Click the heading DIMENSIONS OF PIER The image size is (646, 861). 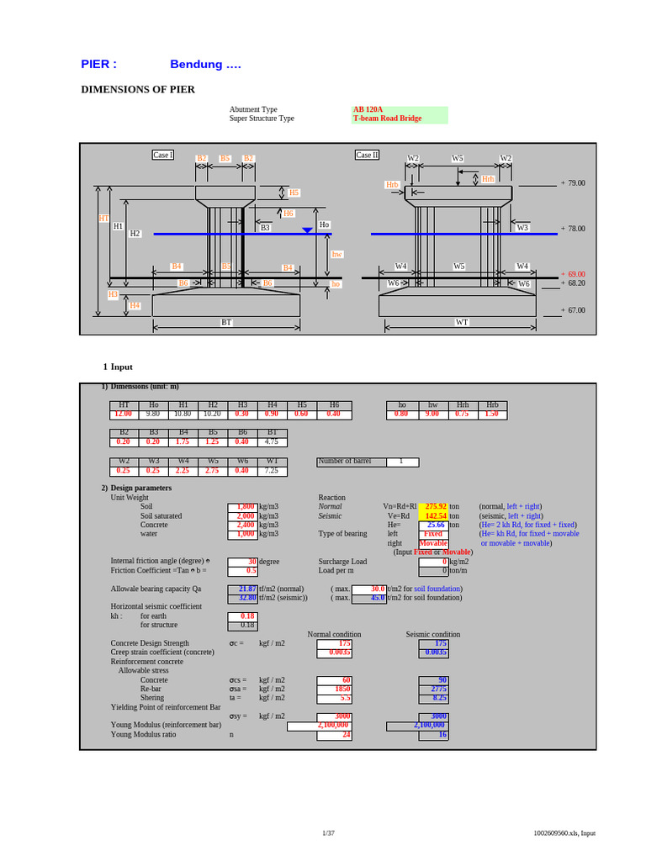pyautogui.click(x=138, y=89)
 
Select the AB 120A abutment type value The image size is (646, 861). pyautogui.click(x=368, y=109)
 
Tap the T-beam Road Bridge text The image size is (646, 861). pyautogui.click(x=387, y=119)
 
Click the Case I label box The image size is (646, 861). pyautogui.click(x=162, y=155)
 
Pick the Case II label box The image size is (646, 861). pyautogui.click(x=367, y=155)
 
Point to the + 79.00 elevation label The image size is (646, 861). pyautogui.click(x=573, y=182)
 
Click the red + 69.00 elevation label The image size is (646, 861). pyautogui.click(x=573, y=274)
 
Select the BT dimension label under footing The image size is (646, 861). pyautogui.click(x=226, y=322)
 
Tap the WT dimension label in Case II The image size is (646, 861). pyautogui.click(x=462, y=322)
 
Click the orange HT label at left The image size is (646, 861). pyautogui.click(x=103, y=218)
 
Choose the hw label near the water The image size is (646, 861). pyautogui.click(x=337, y=253)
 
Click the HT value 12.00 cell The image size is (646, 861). pyautogui.click(x=124, y=415)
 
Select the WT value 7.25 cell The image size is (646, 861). pyautogui.click(x=272, y=471)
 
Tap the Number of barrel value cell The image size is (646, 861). pyautogui.click(x=402, y=462)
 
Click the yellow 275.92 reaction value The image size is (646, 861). pyautogui.click(x=436, y=507)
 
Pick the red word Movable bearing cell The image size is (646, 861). pyautogui.click(x=433, y=543)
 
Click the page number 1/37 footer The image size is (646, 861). pyautogui.click(x=328, y=833)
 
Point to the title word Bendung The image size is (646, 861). pyautogui.click(x=196, y=65)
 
